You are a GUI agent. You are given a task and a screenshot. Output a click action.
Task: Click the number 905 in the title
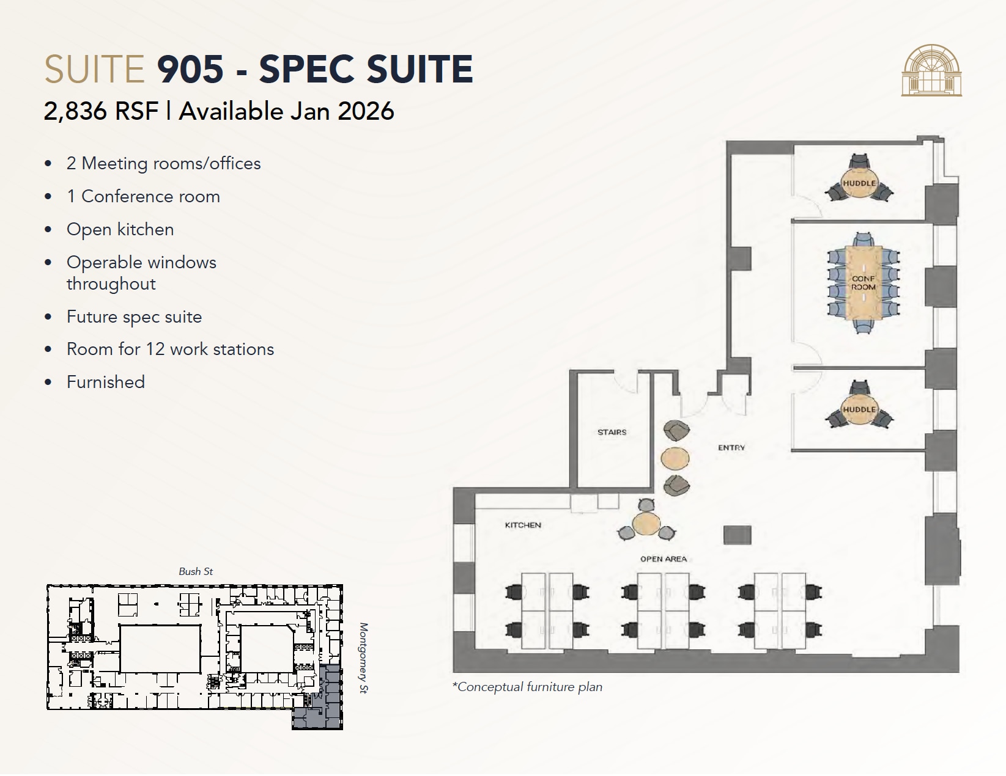pyautogui.click(x=190, y=68)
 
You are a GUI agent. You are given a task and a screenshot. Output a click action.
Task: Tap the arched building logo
pyautogui.click(x=931, y=70)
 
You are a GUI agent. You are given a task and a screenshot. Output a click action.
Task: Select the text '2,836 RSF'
pyautogui.click(x=101, y=111)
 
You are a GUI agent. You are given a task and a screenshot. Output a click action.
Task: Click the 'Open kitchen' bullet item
pyautogui.click(x=120, y=229)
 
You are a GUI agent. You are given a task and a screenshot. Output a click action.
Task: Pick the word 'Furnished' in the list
pyautogui.click(x=105, y=382)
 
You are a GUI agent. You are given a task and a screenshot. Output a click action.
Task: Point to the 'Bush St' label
pyautogui.click(x=196, y=571)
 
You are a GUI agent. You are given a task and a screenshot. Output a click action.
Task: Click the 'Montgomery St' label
pyautogui.click(x=363, y=658)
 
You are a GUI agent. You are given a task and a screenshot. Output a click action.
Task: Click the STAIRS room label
pyautogui.click(x=612, y=432)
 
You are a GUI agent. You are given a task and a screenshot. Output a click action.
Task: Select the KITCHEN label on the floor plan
pyautogui.click(x=523, y=525)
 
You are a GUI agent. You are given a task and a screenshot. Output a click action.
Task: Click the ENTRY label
pyautogui.click(x=731, y=448)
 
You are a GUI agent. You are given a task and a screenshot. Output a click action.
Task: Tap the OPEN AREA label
pyautogui.click(x=664, y=559)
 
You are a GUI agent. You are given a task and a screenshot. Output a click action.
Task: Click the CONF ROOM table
pyautogui.click(x=864, y=283)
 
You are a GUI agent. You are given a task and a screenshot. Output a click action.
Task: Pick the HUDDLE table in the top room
pyautogui.click(x=859, y=183)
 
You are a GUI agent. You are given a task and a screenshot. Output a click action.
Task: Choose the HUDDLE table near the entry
pyautogui.click(x=859, y=409)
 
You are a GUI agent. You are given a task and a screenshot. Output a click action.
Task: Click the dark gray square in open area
pyautogui.click(x=737, y=535)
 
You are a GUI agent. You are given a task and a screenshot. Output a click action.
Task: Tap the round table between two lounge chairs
pyautogui.click(x=675, y=458)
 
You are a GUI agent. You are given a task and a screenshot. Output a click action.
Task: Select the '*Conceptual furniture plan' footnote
pyautogui.click(x=527, y=687)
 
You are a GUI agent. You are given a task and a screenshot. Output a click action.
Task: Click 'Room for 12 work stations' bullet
pyautogui.click(x=170, y=349)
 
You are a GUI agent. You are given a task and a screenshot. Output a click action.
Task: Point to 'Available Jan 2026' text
pyautogui.click(x=286, y=111)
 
